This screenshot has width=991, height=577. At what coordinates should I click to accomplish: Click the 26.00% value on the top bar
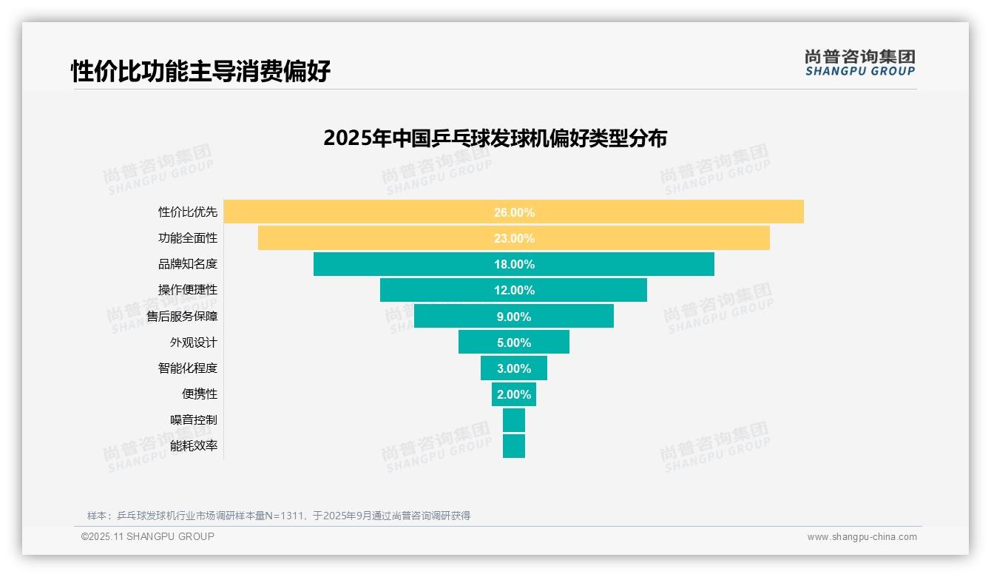[514, 212]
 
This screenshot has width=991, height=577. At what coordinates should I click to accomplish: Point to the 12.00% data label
[514, 290]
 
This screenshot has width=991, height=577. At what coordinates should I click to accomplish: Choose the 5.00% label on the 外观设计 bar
[514, 343]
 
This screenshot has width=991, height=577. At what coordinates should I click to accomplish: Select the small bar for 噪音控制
[514, 420]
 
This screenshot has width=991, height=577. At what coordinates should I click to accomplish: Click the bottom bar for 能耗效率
[514, 446]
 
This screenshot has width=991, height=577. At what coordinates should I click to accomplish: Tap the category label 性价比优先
[188, 212]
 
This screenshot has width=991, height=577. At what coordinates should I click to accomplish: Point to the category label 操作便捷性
[188, 290]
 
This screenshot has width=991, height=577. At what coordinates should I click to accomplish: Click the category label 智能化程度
[188, 368]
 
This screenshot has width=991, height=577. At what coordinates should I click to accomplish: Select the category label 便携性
[200, 394]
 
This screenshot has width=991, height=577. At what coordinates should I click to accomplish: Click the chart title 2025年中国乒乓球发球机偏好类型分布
[495, 138]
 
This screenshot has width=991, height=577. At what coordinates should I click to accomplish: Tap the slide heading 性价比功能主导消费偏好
[200, 72]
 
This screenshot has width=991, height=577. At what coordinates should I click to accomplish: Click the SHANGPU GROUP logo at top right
[859, 63]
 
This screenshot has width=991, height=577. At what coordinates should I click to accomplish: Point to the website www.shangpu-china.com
[862, 537]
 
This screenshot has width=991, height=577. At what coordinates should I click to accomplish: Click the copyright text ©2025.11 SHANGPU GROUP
[148, 537]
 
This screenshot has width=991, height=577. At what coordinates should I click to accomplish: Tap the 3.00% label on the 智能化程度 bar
[514, 368]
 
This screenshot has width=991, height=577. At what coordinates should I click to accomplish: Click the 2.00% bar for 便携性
[514, 394]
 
